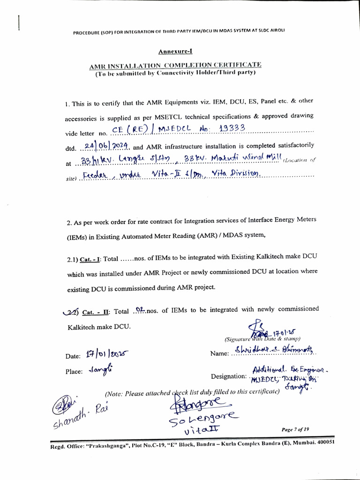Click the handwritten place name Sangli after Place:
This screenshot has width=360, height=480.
point(97,370)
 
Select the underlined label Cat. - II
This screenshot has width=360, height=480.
point(96,311)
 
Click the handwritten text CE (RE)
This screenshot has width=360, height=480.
point(127,130)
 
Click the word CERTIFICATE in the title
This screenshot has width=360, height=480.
point(237,65)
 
